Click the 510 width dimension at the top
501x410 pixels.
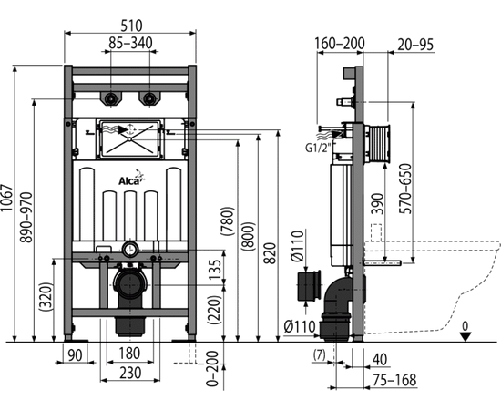coord(132,26)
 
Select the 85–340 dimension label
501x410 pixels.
coord(130,43)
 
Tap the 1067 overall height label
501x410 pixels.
coord(6,198)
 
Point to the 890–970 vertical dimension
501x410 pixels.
coord(26,218)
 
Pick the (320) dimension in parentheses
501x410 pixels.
coord(46,296)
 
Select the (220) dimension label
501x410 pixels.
coord(214,310)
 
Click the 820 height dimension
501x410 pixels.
coord(270,253)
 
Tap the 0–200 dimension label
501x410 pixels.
coord(212,368)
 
